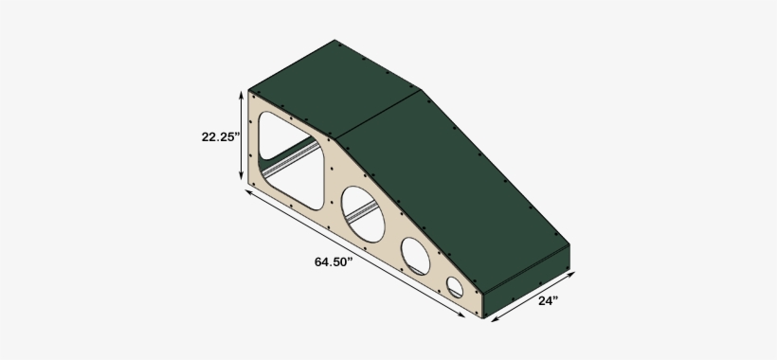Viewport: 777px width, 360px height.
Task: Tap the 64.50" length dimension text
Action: click(x=334, y=261)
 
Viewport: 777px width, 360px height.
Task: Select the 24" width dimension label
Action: click(x=548, y=301)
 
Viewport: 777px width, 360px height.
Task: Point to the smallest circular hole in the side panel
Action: click(x=456, y=286)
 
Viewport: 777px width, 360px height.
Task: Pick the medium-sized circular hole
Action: click(x=415, y=254)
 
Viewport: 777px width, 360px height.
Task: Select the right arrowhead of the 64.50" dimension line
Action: click(x=464, y=317)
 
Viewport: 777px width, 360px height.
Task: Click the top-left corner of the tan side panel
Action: click(x=251, y=92)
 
